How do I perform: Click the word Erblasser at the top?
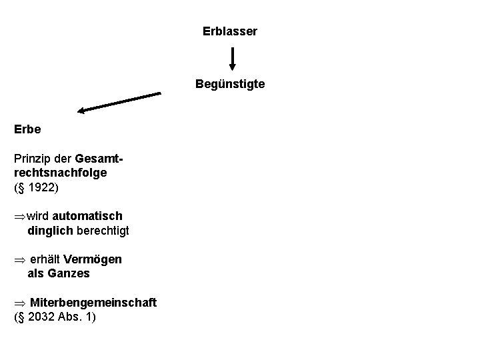click(230, 31)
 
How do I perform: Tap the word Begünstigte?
click(230, 85)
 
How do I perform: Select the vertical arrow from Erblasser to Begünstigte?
click(232, 58)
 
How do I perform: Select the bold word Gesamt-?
click(101, 160)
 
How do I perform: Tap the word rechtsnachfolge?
click(60, 173)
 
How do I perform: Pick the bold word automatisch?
click(87, 217)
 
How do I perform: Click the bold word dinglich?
click(50, 231)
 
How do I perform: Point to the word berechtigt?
click(103, 231)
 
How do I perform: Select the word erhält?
click(45, 259)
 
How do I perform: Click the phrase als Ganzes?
click(58, 273)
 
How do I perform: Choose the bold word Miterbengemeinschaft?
click(93, 303)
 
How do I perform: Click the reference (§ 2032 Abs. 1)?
click(55, 317)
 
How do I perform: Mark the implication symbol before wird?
click(19, 217)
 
